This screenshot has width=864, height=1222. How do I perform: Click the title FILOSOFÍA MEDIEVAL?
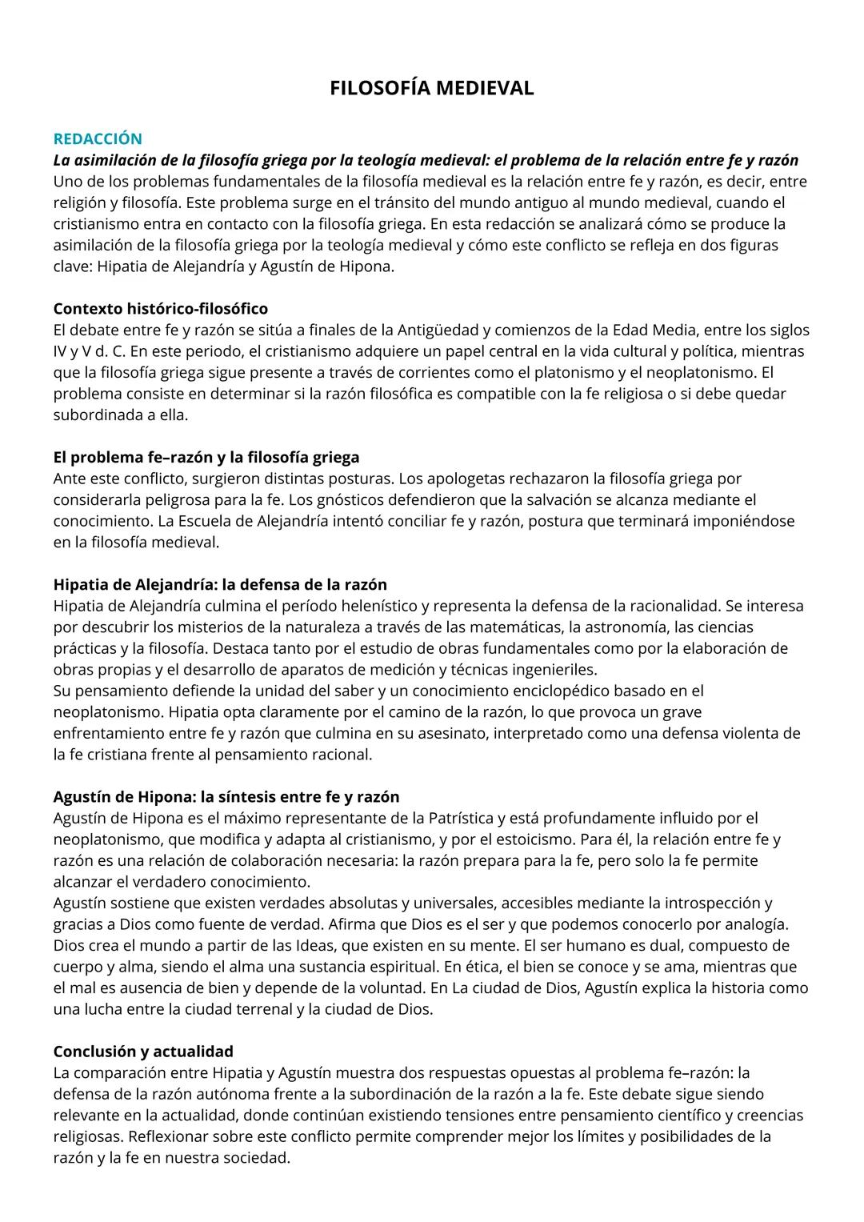coord(431,88)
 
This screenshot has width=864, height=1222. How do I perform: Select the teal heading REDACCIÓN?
coord(97,138)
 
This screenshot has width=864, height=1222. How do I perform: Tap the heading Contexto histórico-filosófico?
coord(160,308)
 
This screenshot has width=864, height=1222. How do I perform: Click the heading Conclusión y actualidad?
coord(143,1051)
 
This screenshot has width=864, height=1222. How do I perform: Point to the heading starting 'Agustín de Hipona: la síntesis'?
coord(226,796)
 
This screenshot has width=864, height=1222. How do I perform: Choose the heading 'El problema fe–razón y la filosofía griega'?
coord(206,457)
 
